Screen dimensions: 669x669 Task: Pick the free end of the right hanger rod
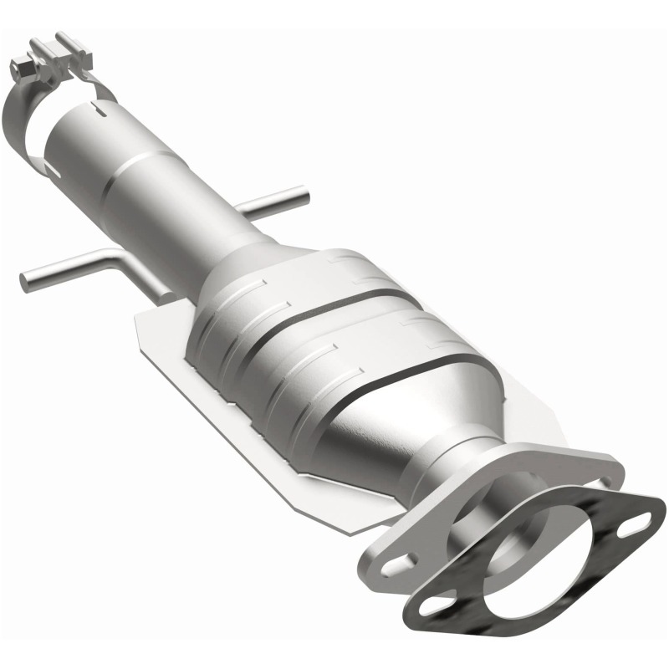tap(303, 197)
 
